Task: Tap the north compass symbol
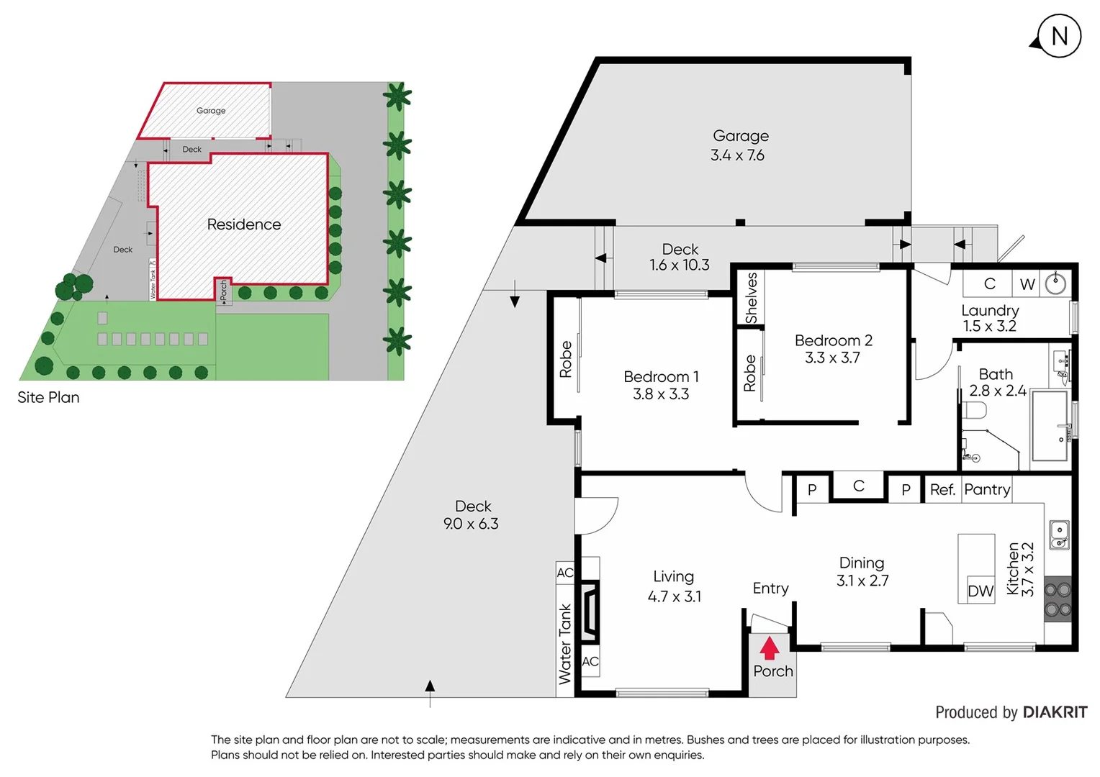click(x=1058, y=36)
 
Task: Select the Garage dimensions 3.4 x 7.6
click(x=737, y=155)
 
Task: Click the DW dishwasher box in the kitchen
click(x=980, y=591)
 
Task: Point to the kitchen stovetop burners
click(x=1058, y=599)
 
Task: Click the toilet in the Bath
click(x=975, y=411)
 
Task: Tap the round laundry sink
click(x=1055, y=283)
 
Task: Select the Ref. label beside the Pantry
click(x=942, y=490)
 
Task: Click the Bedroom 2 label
click(x=833, y=340)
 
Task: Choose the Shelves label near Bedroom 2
click(x=751, y=298)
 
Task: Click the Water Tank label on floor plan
click(x=565, y=644)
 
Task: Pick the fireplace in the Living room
click(x=590, y=611)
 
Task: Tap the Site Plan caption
click(x=48, y=397)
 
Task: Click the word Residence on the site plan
click(x=244, y=224)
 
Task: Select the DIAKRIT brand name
click(x=1055, y=712)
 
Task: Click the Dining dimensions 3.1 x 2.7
click(x=862, y=581)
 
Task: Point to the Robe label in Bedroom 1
click(x=566, y=359)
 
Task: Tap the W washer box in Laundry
click(x=1027, y=284)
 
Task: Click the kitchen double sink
click(x=1059, y=535)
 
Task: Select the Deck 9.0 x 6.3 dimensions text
click(x=471, y=524)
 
